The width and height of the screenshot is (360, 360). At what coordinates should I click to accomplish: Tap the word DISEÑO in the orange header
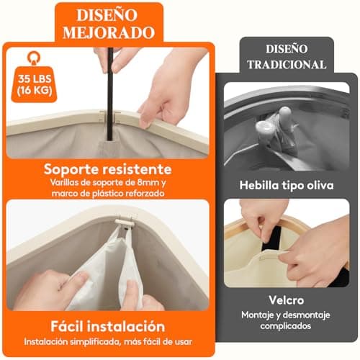point(107,14)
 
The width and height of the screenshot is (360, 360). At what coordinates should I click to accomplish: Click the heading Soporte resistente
point(107,169)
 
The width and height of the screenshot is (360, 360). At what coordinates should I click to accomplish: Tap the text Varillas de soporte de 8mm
point(107,183)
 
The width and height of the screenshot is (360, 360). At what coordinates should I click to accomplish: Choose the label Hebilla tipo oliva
point(286,186)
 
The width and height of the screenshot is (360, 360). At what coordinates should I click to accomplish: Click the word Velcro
point(286,300)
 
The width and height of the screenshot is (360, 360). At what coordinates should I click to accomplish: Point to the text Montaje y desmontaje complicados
point(286,320)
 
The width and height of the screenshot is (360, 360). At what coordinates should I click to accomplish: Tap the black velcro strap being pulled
point(271,242)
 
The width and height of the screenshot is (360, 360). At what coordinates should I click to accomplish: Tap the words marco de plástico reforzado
point(107,194)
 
